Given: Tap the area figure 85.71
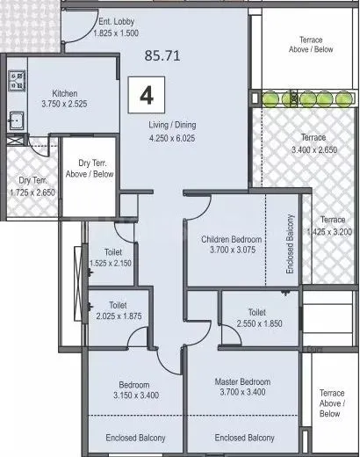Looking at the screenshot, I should point(162,54).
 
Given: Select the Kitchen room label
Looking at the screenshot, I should point(66,92).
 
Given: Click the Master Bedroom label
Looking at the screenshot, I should point(243,381).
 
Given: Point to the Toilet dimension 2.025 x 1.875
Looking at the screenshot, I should point(118,316).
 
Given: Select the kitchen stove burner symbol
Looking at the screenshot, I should point(15,83).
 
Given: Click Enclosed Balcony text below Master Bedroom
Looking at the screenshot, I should point(242,437).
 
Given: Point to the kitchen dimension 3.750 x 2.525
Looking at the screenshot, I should point(66,104).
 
